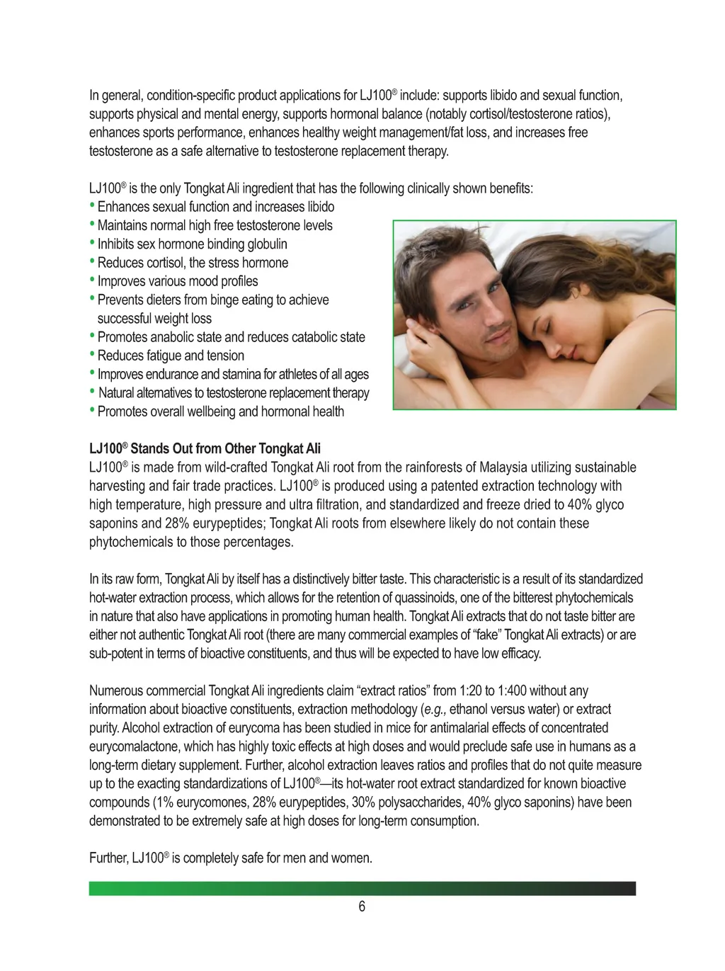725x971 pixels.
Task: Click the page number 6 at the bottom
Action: tap(362, 907)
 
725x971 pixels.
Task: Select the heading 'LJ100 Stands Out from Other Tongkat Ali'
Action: tap(205, 448)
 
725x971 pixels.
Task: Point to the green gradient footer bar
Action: tap(362, 888)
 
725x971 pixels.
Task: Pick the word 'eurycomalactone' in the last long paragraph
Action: tap(134, 746)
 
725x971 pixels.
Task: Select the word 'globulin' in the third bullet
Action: tap(267, 244)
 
